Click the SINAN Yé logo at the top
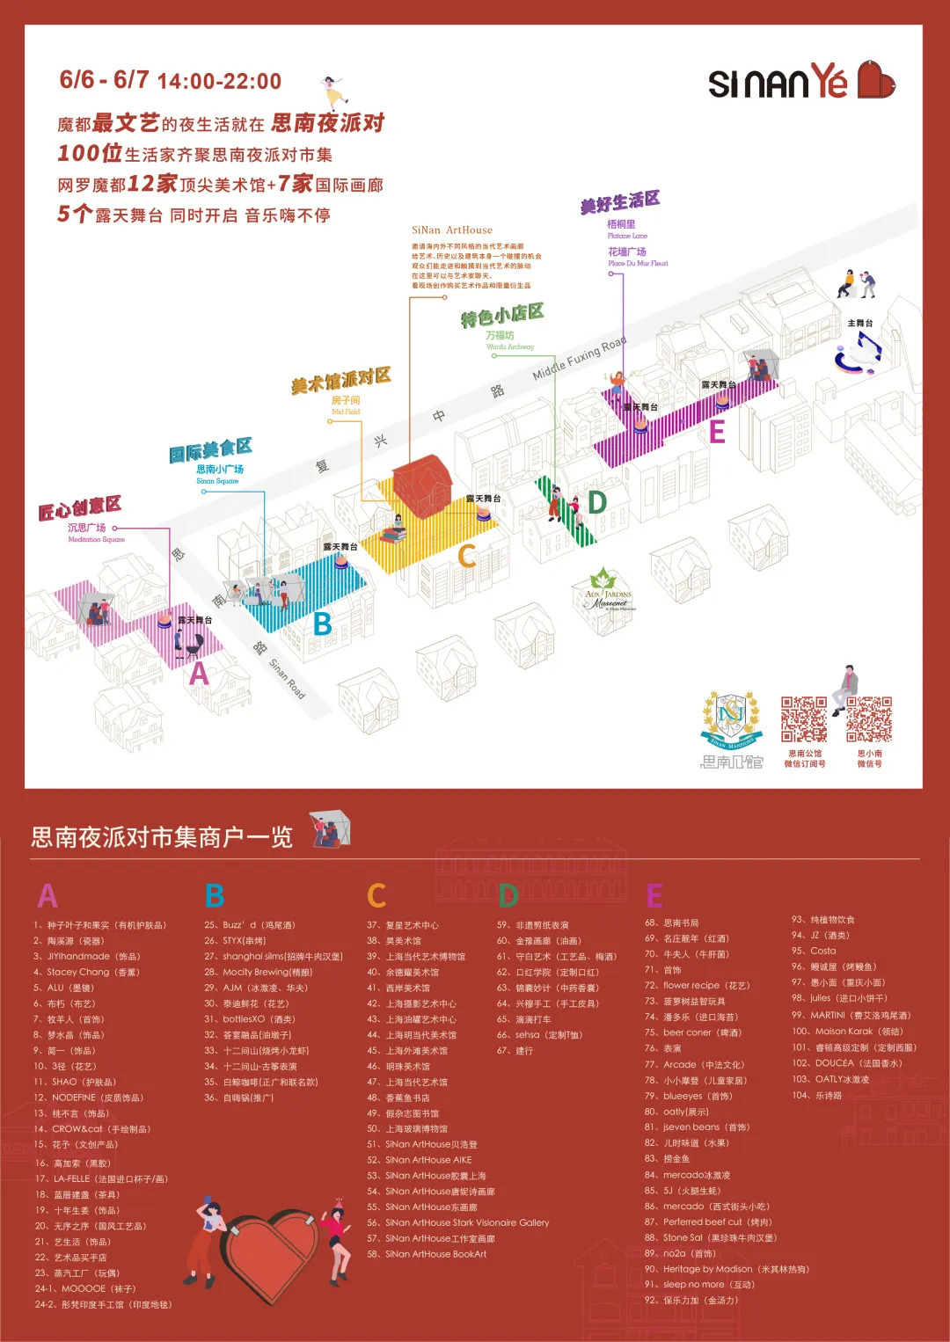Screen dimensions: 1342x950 tap(800, 82)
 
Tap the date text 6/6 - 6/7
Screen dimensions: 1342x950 tap(104, 80)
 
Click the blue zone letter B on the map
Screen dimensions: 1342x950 tap(323, 624)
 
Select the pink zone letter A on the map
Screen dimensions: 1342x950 tap(200, 674)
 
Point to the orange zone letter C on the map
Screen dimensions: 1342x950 tap(467, 556)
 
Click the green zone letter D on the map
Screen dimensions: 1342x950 tap(597, 502)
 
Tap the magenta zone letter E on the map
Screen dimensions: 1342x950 tap(717, 432)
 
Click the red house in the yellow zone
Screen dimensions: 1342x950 tap(420, 482)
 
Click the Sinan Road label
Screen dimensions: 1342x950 tap(287, 679)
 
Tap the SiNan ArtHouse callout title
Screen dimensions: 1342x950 tap(452, 230)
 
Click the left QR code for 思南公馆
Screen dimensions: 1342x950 tap(804, 720)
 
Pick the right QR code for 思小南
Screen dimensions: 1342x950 tap(869, 720)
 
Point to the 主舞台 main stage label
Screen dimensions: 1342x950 tap(859, 324)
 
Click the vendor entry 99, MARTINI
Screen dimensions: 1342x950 tap(851, 1016)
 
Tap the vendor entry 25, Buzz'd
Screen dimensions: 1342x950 tap(250, 925)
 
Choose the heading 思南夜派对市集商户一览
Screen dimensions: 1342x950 tap(162, 837)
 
